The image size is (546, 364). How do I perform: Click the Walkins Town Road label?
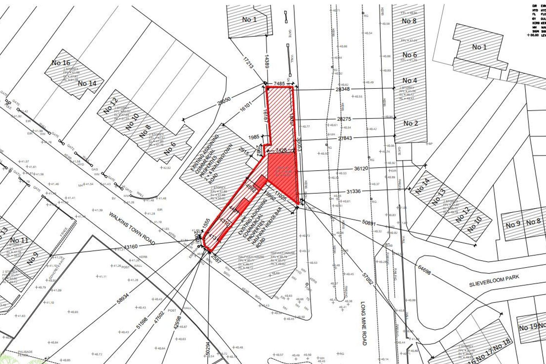click(132, 228)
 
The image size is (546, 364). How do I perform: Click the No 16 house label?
click(61, 63)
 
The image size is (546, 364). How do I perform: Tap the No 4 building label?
click(409, 80)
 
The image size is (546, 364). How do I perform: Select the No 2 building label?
click(410, 123)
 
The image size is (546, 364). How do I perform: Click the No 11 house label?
click(19, 240)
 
